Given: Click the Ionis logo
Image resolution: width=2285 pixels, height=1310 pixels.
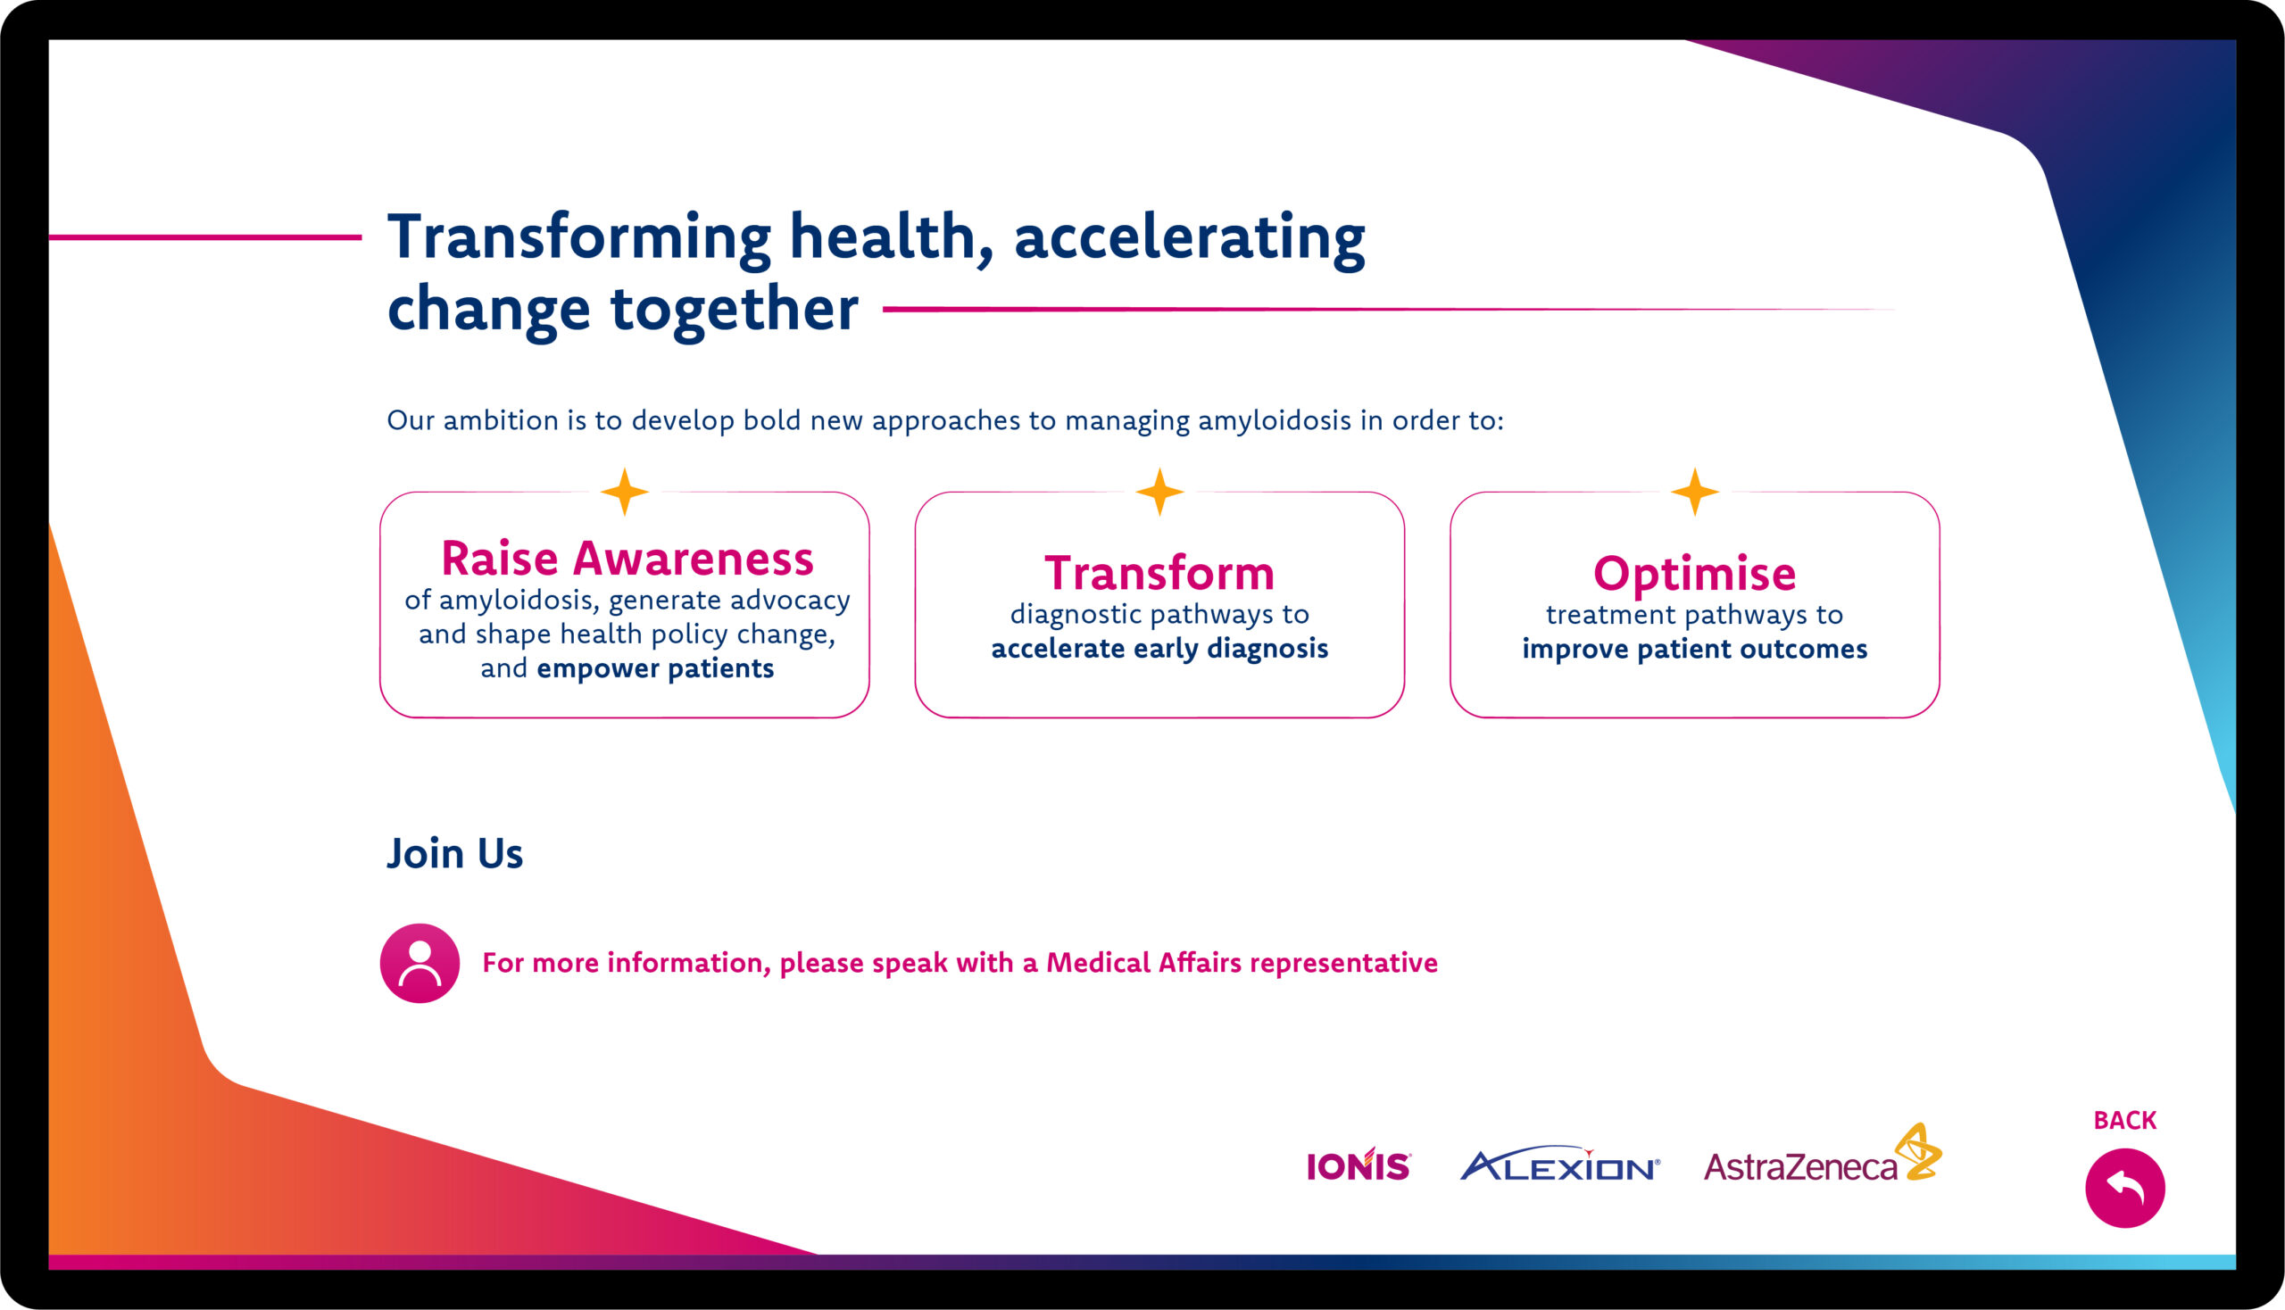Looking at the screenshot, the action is point(1359,1165).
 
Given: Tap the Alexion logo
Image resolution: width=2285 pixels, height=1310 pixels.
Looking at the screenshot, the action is point(1559,1164).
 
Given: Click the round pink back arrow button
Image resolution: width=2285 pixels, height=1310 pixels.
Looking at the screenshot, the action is point(2125,1188).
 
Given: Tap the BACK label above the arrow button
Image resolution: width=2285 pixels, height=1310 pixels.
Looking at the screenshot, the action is point(2125,1120).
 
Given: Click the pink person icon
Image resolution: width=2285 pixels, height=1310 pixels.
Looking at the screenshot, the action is point(420,963).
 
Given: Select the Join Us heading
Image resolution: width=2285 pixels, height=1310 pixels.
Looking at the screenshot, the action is point(454,853).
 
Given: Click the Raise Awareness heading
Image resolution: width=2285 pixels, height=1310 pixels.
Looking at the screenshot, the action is point(627,558).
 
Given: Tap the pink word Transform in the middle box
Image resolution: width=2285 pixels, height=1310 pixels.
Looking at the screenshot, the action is point(1159,573).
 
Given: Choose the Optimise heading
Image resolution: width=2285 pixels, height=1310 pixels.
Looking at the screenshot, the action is point(1695,573).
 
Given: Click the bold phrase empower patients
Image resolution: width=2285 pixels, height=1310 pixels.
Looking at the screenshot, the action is point(655,668).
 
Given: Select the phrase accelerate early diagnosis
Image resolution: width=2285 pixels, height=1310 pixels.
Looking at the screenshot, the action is point(1159,649).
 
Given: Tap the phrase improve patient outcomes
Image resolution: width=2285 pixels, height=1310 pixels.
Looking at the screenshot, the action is point(1695,649).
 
